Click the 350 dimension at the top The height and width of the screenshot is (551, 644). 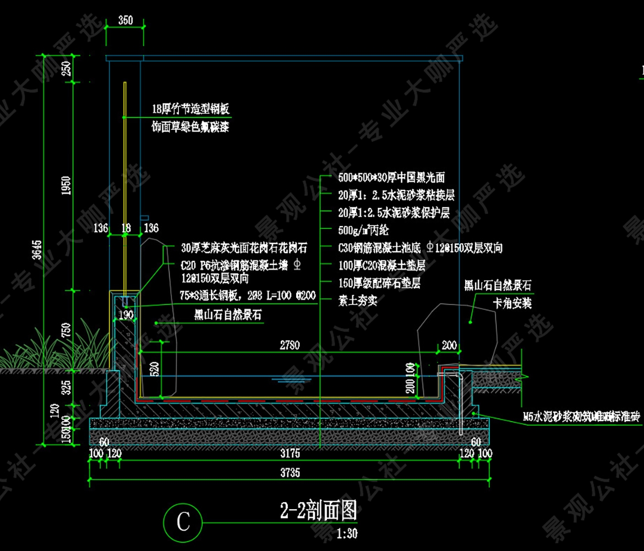(125, 21)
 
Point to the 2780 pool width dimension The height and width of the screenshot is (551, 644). (289, 345)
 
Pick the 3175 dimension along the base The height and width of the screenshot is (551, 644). (290, 454)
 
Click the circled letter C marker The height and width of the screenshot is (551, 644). (183, 521)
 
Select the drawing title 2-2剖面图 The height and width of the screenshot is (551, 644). (319, 511)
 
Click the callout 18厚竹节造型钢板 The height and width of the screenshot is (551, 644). (191, 109)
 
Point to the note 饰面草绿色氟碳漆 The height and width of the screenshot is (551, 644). (190, 128)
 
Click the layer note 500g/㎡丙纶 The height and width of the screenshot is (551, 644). (363, 230)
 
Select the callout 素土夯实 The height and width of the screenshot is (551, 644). (357, 301)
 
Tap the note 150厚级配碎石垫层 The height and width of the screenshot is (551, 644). (379, 283)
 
